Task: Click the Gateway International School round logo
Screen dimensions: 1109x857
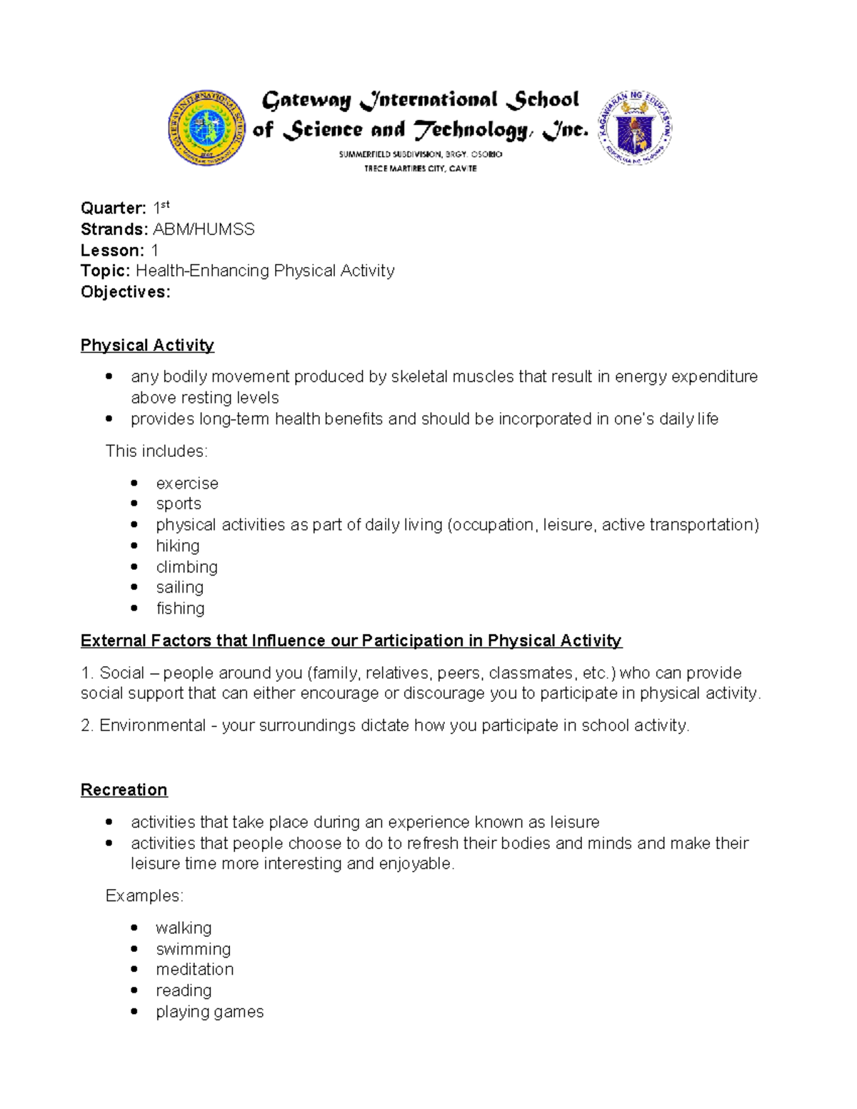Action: [207, 129]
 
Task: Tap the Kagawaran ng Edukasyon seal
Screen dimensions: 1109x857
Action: [634, 128]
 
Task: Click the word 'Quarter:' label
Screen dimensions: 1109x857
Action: [113, 209]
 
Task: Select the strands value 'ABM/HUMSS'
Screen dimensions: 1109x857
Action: [204, 229]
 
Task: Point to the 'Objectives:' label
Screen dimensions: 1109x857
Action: [125, 292]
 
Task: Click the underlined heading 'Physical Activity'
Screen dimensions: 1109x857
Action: [147, 346]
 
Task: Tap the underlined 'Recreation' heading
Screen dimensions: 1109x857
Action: [124, 790]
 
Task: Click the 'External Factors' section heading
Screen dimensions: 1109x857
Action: [351, 641]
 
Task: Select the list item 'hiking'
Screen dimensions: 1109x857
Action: [178, 546]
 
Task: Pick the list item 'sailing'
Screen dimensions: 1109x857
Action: [180, 588]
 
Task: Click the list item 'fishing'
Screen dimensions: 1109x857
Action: [180, 608]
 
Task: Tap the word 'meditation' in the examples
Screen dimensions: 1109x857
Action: [195, 970]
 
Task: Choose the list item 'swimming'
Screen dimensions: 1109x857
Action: [194, 949]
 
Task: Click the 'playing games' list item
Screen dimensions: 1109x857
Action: [210, 1012]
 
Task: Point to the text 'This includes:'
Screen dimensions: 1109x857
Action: [156, 451]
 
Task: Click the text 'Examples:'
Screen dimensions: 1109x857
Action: [144, 896]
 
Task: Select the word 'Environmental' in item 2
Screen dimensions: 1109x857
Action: [152, 726]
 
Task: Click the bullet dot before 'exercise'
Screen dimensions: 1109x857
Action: [134, 483]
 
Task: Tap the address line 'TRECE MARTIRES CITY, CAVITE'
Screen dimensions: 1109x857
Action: [420, 169]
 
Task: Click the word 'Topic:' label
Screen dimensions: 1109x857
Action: [106, 271]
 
